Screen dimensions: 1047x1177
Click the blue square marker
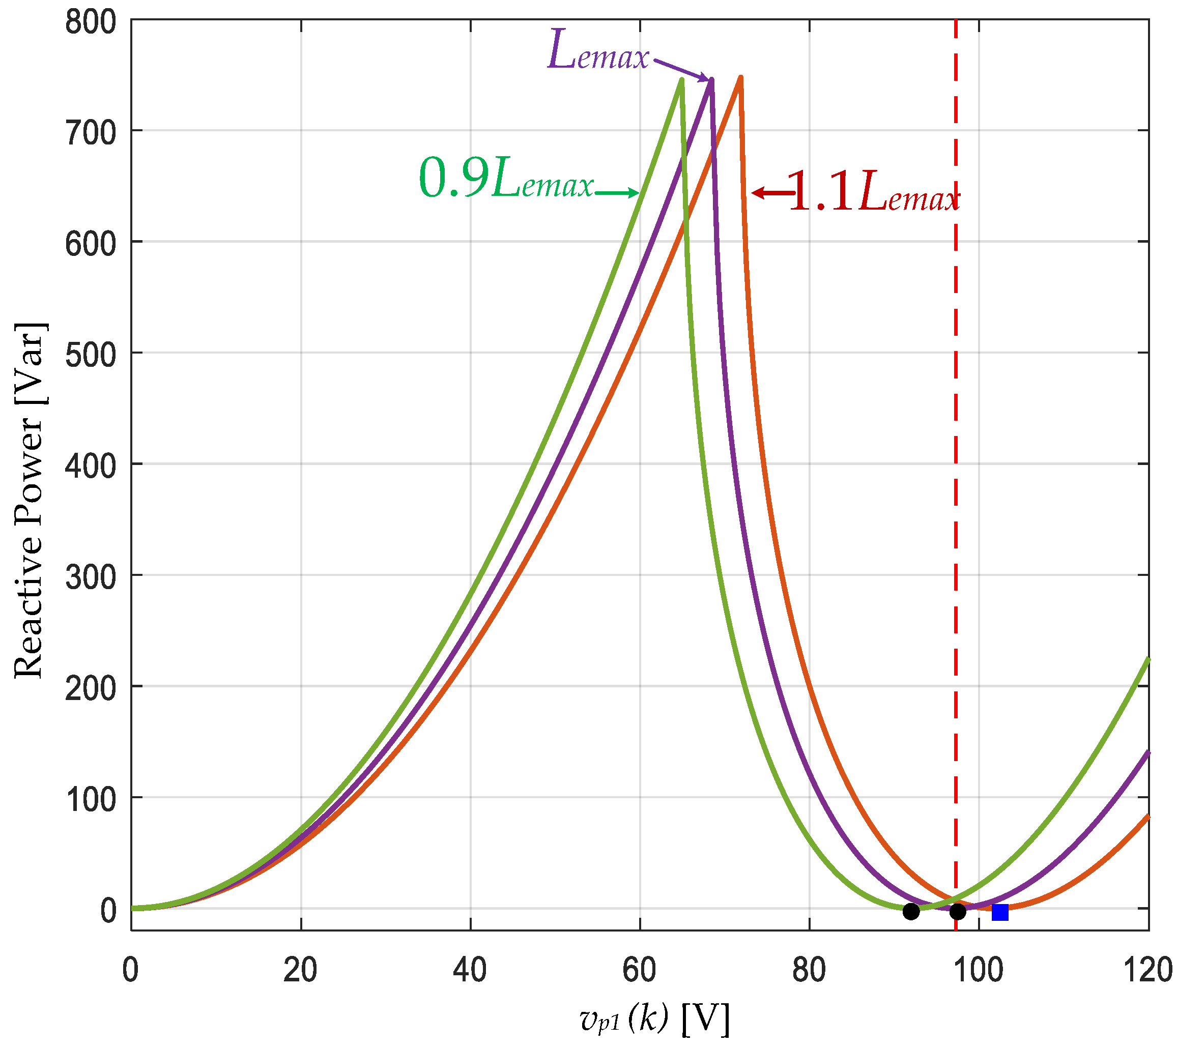(x=1000, y=912)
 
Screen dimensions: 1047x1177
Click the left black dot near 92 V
(x=911, y=911)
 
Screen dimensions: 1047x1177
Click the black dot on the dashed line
(x=958, y=911)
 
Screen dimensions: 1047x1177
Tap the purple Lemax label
(x=598, y=50)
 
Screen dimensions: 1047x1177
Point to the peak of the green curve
(x=682, y=79)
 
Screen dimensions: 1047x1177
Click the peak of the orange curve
(x=740, y=77)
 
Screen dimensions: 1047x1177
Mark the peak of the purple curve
(x=712, y=79)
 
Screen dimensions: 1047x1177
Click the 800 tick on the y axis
(x=91, y=24)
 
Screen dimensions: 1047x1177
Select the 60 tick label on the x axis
(x=639, y=971)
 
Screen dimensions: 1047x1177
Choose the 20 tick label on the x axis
(x=301, y=971)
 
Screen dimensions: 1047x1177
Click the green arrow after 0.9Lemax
(x=617, y=193)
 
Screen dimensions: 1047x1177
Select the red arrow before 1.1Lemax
(x=773, y=193)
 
